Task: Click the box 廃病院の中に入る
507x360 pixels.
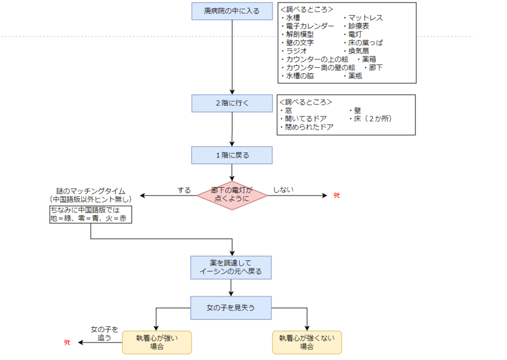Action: [232, 11]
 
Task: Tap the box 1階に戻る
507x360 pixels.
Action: [232, 155]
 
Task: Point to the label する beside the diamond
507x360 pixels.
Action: [184, 190]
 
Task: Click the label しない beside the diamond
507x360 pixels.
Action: [283, 190]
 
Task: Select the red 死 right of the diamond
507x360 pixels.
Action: [337, 196]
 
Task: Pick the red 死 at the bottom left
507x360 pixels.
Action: [67, 343]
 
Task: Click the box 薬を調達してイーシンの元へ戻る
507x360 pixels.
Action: [231, 267]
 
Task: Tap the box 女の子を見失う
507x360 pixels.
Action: [231, 308]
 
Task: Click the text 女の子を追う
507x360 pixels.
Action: [104, 333]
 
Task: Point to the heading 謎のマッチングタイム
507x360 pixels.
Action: [91, 191]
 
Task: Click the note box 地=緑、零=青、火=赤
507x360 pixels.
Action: [91, 214]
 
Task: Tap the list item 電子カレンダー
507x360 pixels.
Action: [307, 26]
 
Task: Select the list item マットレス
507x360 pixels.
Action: [363, 18]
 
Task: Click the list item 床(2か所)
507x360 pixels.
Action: [373, 119]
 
